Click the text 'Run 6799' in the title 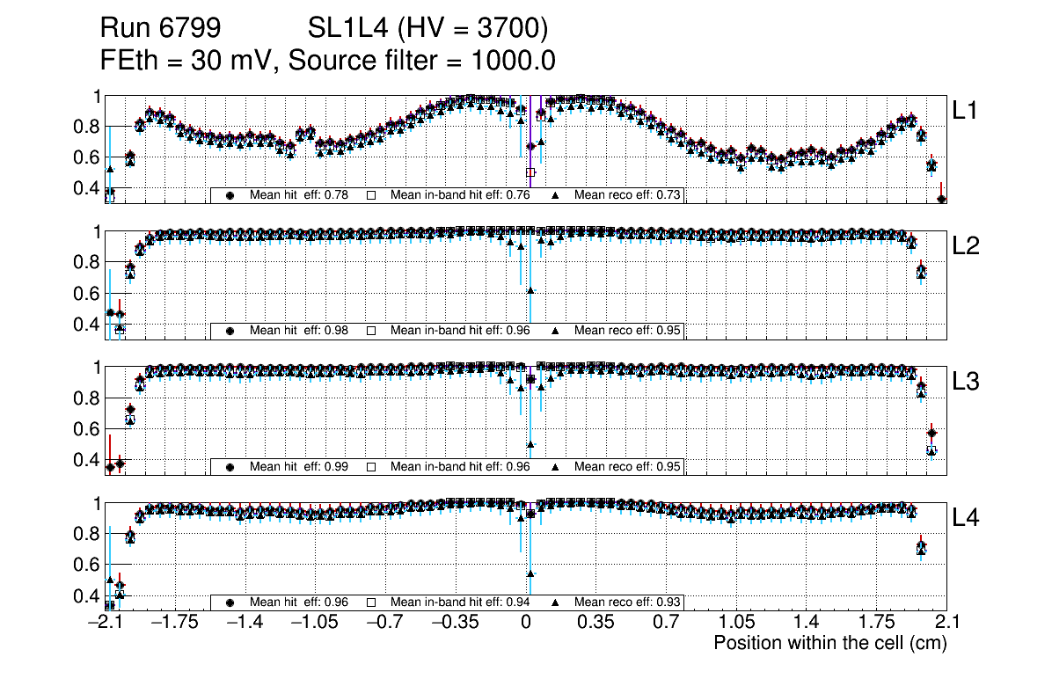[x=159, y=29]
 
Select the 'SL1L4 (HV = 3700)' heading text [x=428, y=29]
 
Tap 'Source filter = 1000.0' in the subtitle [x=421, y=61]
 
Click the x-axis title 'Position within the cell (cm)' [x=829, y=643]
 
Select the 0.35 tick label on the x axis [x=595, y=623]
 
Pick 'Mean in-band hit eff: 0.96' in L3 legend [x=459, y=467]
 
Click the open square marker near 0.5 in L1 [x=530, y=172]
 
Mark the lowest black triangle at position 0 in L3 [x=530, y=444]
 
